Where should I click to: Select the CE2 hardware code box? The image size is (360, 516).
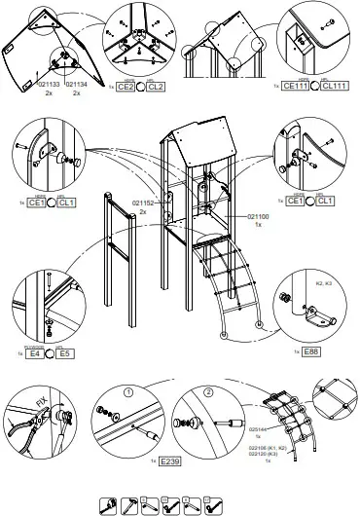click(x=126, y=87)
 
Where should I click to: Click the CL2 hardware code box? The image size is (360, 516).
click(x=156, y=87)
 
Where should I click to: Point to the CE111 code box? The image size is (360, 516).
click(x=293, y=87)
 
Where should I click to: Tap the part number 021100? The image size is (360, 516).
click(x=252, y=215)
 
